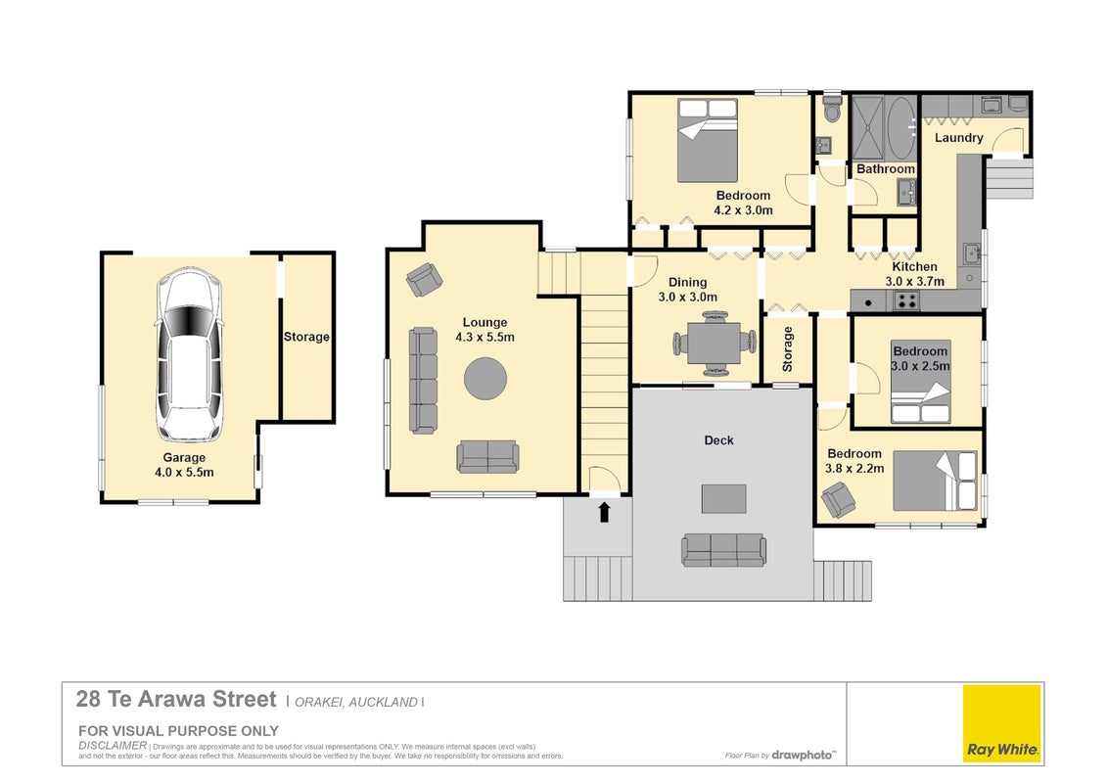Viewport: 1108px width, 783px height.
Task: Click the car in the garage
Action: (x=189, y=354)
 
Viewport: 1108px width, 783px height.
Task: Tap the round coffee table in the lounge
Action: (x=485, y=379)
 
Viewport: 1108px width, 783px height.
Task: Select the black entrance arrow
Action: (x=604, y=512)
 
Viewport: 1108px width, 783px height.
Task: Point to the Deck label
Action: (x=718, y=440)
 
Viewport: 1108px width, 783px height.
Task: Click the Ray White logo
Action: (x=1002, y=723)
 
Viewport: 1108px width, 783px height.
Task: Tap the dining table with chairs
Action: (x=714, y=343)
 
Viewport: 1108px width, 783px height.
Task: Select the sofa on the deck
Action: (x=723, y=550)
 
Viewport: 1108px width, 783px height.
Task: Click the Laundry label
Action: (x=959, y=138)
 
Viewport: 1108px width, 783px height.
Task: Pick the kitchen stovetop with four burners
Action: (x=906, y=301)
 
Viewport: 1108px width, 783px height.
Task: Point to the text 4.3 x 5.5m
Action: (x=485, y=337)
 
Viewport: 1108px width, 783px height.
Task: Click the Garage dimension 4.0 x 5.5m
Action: (x=184, y=472)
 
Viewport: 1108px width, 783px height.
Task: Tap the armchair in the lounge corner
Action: (x=425, y=279)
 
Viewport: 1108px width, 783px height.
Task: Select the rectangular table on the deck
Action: (x=723, y=498)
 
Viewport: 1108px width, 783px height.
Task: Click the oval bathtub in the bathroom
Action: (x=900, y=128)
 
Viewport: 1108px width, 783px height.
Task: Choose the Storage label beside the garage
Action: (x=306, y=337)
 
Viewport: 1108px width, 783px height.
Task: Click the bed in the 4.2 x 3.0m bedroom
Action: (x=708, y=141)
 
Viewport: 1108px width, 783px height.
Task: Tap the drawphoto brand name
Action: (x=802, y=755)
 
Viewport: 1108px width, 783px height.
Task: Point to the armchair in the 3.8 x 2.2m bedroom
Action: (x=839, y=499)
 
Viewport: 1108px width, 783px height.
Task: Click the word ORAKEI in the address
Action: (x=319, y=703)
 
